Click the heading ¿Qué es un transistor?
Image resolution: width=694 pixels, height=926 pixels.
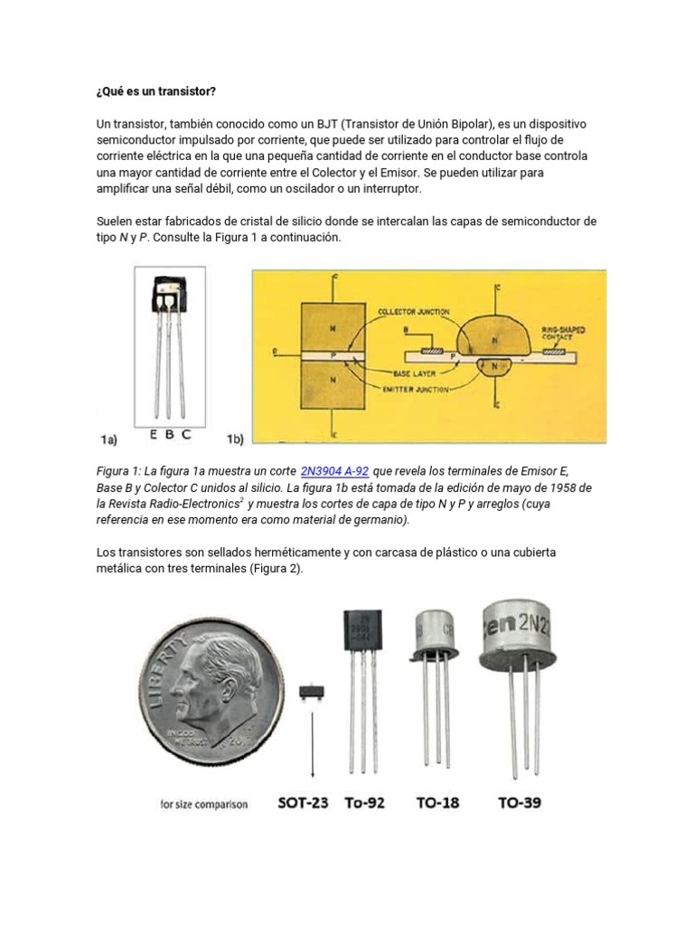click(156, 92)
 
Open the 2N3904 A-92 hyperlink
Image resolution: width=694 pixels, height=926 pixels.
click(334, 471)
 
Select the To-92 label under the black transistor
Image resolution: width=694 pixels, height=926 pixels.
click(366, 802)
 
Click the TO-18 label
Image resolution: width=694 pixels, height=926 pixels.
click(436, 802)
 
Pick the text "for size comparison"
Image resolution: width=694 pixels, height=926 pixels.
click(203, 804)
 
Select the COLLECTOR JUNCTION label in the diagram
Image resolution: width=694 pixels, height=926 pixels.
click(414, 313)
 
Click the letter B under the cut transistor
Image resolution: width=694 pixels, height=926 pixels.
click(168, 434)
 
